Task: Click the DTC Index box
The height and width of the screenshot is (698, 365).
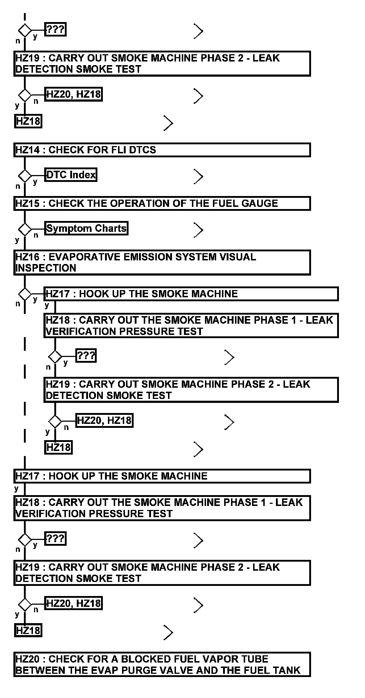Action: [x=71, y=175]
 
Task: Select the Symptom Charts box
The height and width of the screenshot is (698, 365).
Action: [x=86, y=229]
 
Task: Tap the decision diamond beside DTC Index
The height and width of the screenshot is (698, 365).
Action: [x=25, y=176]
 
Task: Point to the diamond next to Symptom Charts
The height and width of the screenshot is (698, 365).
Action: [x=25, y=229]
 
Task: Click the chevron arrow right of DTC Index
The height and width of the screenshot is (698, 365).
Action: [x=198, y=176]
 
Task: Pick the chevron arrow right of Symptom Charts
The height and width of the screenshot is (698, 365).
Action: [x=198, y=230]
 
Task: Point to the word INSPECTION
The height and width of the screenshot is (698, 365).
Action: [x=46, y=268]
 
